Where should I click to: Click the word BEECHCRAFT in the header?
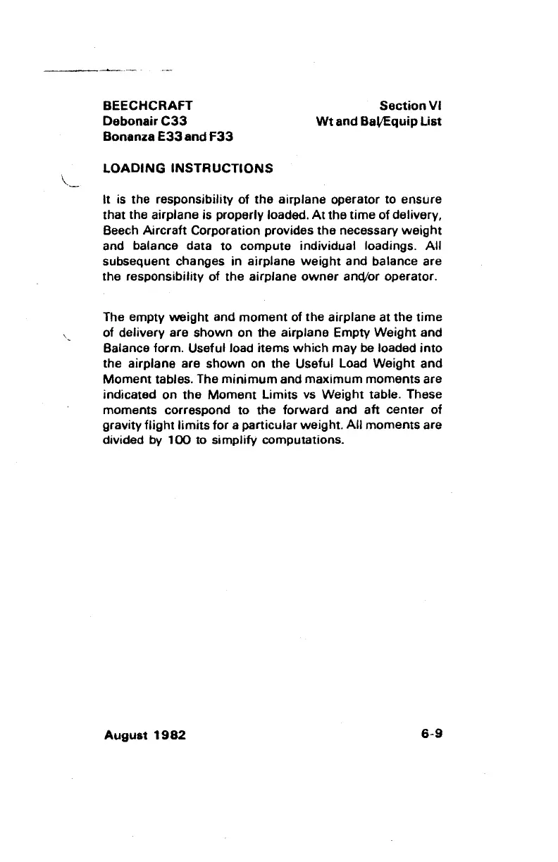click(x=148, y=106)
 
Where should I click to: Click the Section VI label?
click(x=410, y=106)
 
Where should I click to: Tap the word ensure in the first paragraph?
click(x=423, y=199)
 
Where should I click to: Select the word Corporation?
click(x=229, y=230)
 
